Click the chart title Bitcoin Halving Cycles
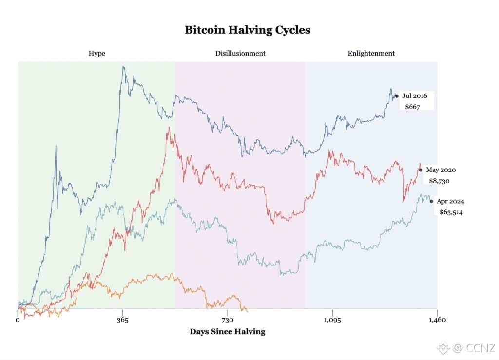pyautogui.click(x=248, y=30)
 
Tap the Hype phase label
pyautogui.click(x=97, y=54)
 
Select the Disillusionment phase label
pyautogui.click(x=240, y=53)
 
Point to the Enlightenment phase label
pyautogui.click(x=371, y=54)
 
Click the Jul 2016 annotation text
pyautogui.click(x=415, y=96)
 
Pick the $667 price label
pyautogui.click(x=412, y=107)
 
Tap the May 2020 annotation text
pyautogui.click(x=441, y=170)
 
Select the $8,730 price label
pyautogui.click(x=439, y=181)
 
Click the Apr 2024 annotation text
pyautogui.click(x=450, y=201)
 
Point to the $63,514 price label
pyautogui.click(x=451, y=212)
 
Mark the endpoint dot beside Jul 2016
pyautogui.click(x=397, y=96)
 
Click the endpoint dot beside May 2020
pyautogui.click(x=421, y=170)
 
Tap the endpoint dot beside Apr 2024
pyautogui.click(x=431, y=201)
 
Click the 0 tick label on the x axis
pyautogui.click(x=18, y=320)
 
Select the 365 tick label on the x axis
pyautogui.click(x=122, y=320)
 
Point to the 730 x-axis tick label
pyautogui.click(x=227, y=320)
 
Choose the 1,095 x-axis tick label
pyautogui.click(x=332, y=320)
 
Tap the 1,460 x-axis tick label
pyautogui.click(x=437, y=320)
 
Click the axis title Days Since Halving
pyautogui.click(x=228, y=332)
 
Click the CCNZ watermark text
pyautogui.click(x=480, y=348)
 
